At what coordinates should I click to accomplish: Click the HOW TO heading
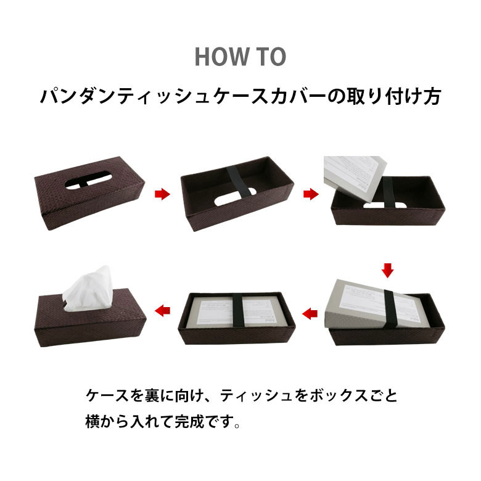(240, 56)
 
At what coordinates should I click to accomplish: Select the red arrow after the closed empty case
(162, 194)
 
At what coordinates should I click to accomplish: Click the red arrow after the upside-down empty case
(311, 194)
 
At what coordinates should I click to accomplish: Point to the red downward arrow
(387, 269)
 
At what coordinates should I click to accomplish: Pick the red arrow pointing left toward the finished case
(162, 310)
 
